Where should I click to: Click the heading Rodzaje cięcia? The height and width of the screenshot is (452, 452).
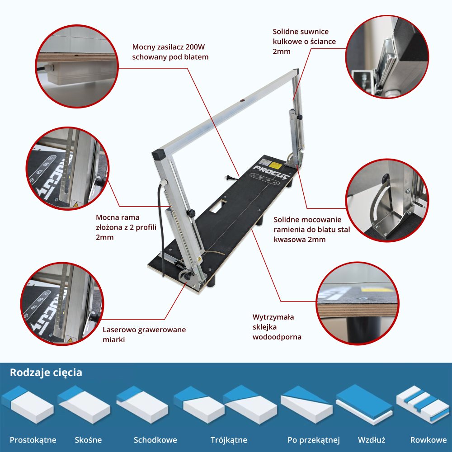click(46, 373)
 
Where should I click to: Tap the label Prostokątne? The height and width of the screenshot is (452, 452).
click(33, 440)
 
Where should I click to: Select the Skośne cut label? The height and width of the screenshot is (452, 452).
click(88, 440)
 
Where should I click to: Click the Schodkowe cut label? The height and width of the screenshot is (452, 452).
click(155, 440)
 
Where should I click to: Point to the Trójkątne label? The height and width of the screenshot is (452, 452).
click(229, 440)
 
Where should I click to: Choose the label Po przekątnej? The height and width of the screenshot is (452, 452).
click(314, 440)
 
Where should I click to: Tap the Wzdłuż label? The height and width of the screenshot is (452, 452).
click(372, 440)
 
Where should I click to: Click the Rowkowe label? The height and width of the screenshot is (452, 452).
click(428, 440)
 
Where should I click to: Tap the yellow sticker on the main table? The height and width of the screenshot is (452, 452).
click(276, 166)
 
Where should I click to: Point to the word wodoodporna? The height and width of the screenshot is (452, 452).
click(277, 337)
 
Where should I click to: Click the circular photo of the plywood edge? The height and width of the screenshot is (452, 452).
click(358, 303)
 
